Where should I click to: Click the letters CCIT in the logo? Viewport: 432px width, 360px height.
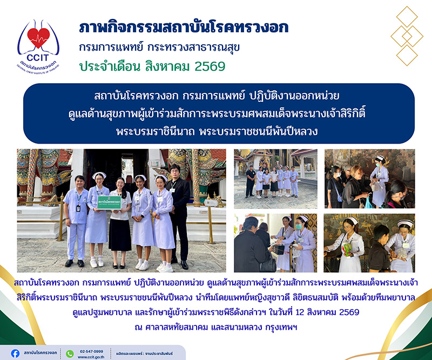tap(38, 58)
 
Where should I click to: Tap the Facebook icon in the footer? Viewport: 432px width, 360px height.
tap(15, 354)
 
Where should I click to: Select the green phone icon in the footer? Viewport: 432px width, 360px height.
tap(70, 354)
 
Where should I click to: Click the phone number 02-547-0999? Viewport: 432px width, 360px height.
tap(91, 351)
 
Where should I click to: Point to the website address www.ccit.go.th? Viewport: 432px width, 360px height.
tap(91, 357)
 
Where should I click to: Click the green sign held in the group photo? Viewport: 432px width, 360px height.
tap(109, 202)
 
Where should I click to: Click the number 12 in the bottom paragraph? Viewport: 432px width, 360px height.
tap(300, 312)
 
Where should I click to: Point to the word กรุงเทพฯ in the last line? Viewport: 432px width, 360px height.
tap(281, 327)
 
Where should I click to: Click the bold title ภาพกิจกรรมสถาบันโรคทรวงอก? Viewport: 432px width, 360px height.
tap(184, 28)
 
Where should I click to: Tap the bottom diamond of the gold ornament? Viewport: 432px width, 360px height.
tap(407, 55)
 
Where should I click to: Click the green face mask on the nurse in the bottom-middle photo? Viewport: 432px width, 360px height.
tap(299, 226)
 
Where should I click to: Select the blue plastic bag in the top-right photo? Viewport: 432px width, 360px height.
tap(368, 202)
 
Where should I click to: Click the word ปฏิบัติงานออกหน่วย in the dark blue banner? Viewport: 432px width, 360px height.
tap(294, 96)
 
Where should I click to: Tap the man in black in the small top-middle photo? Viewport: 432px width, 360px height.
tap(250, 181)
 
